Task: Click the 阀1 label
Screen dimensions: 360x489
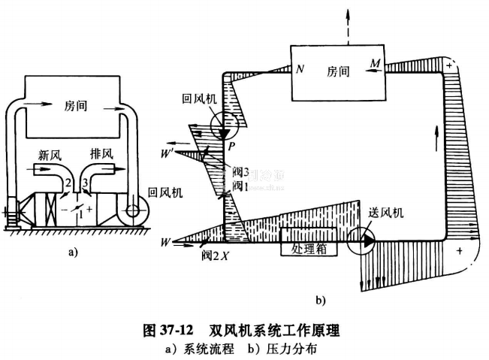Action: click(x=240, y=185)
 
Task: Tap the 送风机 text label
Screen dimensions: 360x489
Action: click(x=387, y=213)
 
